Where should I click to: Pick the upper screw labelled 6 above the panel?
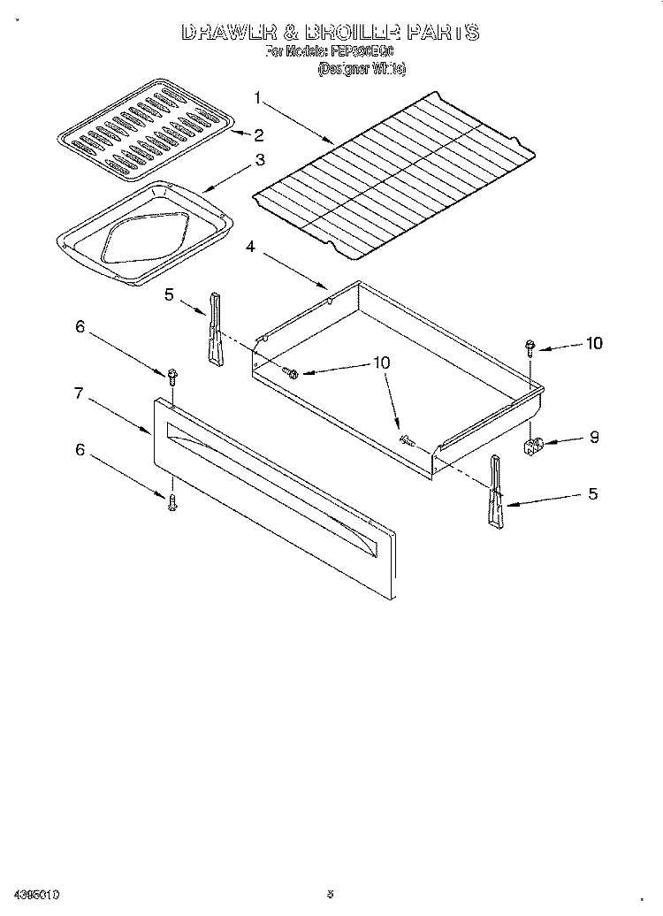click(172, 377)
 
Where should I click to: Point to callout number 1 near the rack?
click(257, 98)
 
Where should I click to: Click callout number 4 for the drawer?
click(250, 248)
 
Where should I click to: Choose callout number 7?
click(79, 393)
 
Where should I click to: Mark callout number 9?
click(593, 437)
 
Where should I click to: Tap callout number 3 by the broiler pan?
click(260, 160)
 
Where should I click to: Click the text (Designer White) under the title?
click(362, 68)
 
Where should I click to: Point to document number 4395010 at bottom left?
click(36, 894)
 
